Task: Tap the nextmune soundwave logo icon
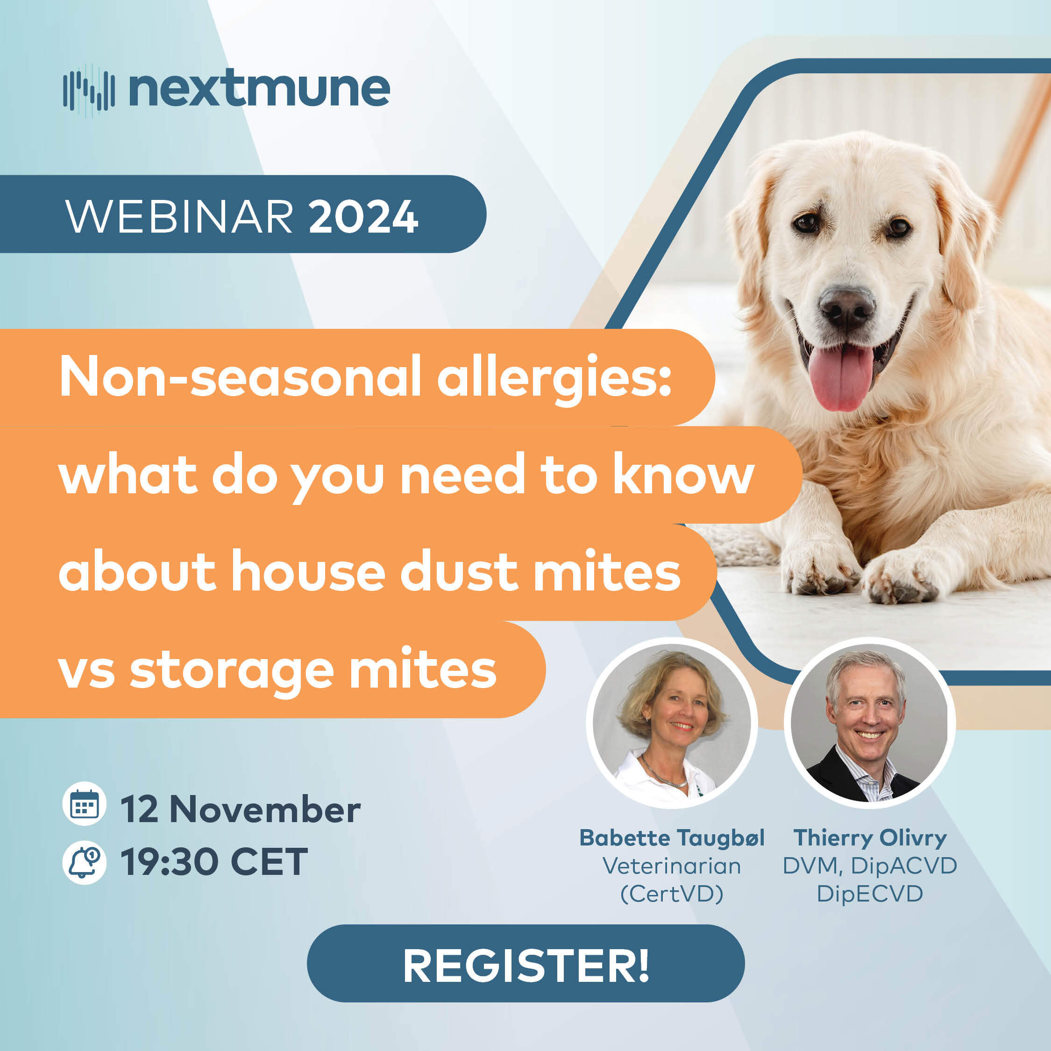coord(89,90)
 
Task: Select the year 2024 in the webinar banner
coord(363,217)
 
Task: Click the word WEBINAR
coord(179,217)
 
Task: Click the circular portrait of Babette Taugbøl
coord(671,724)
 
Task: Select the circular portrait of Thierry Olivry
coord(869,724)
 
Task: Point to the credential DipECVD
coord(870,894)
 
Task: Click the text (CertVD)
coord(672,894)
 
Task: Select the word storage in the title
coord(231,671)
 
